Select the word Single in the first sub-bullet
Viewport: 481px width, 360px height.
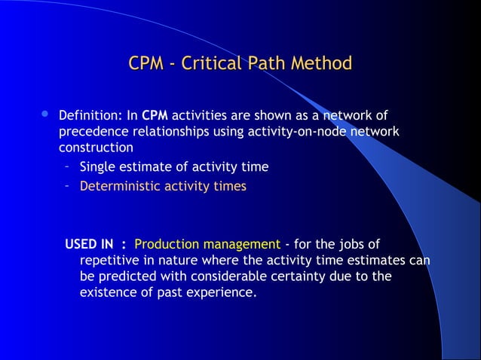click(98, 166)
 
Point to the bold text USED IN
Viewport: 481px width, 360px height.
click(89, 244)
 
